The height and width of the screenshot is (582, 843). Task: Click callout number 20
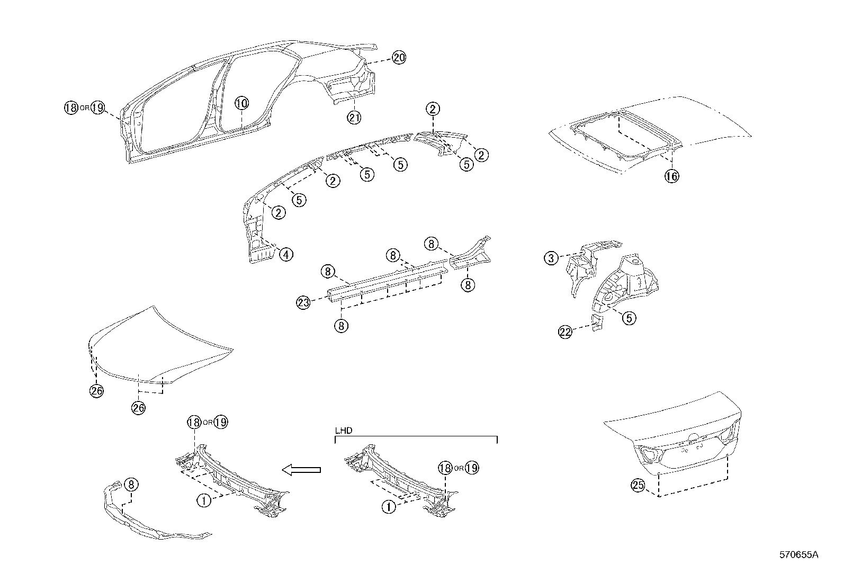click(x=399, y=58)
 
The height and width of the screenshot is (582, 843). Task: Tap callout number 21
click(x=354, y=117)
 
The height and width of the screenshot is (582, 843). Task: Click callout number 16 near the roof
click(x=671, y=176)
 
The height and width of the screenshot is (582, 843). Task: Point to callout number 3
click(x=551, y=258)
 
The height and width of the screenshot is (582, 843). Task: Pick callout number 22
click(x=565, y=332)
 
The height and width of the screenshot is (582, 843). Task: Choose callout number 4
click(x=285, y=254)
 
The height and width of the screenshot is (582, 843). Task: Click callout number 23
click(x=303, y=302)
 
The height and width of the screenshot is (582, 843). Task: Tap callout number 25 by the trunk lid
click(x=638, y=485)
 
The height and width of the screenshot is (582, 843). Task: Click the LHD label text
click(x=344, y=431)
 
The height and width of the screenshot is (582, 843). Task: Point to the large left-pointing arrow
click(x=301, y=469)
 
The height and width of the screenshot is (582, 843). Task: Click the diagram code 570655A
click(x=799, y=554)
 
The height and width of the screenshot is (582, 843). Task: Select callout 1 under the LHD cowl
click(x=389, y=507)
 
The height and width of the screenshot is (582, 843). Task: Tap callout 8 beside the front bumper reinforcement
click(x=131, y=484)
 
